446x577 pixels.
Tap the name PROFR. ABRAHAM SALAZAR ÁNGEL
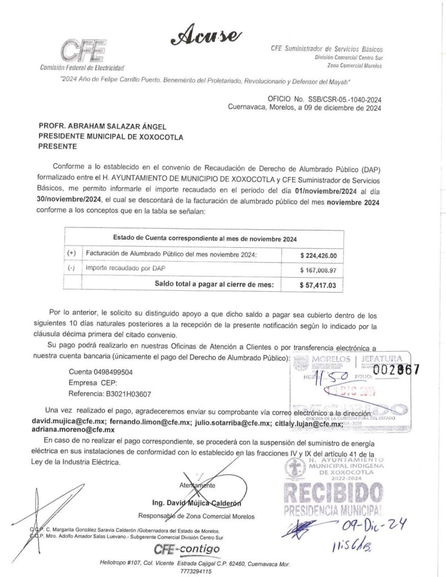(x=103, y=127)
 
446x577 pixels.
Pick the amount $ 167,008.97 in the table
(x=318, y=270)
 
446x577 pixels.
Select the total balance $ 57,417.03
(x=318, y=285)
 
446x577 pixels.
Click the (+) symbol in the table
(x=72, y=254)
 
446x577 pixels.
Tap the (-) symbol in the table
(x=72, y=269)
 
